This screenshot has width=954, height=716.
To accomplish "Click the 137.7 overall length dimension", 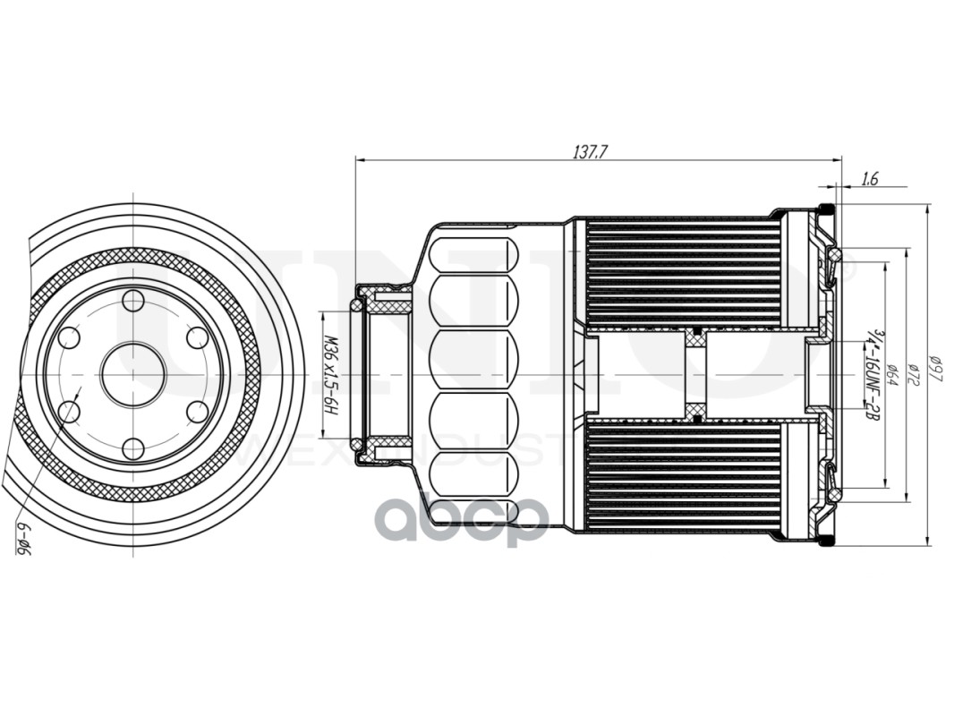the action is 590,151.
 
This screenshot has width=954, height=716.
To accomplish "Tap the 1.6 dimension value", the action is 869,179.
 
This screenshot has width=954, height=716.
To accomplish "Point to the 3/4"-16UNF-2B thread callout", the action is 869,376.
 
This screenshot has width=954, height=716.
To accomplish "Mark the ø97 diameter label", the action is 935,367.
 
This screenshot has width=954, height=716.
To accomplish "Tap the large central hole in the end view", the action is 133,374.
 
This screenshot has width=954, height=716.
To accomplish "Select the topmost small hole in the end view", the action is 133,301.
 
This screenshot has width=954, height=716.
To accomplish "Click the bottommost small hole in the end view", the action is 133,448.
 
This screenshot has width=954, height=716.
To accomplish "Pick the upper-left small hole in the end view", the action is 69,337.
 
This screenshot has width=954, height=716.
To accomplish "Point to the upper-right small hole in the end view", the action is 198,337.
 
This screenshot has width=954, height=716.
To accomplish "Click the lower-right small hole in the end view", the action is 198,412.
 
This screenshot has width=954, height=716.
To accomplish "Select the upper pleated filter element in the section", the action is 682,273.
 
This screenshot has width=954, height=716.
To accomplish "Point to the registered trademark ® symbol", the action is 845,266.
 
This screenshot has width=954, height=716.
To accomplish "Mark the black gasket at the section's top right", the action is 828,209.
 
